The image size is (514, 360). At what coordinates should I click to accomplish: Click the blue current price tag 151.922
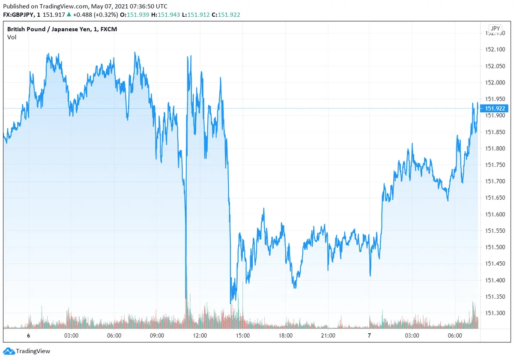point(495,108)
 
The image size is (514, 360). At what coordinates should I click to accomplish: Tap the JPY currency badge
point(495,29)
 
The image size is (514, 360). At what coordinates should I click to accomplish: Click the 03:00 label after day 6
point(71,336)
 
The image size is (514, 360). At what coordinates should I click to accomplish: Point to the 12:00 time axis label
point(200,336)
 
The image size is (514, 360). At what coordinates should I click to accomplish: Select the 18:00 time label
point(286,336)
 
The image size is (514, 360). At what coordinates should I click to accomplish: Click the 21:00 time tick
point(328,336)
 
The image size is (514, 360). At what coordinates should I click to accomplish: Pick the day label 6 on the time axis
point(28,336)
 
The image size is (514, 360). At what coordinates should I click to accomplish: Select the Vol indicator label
point(12,37)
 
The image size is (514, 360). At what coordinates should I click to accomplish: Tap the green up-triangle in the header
point(69,15)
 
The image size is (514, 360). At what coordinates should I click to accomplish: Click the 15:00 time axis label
point(242,336)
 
